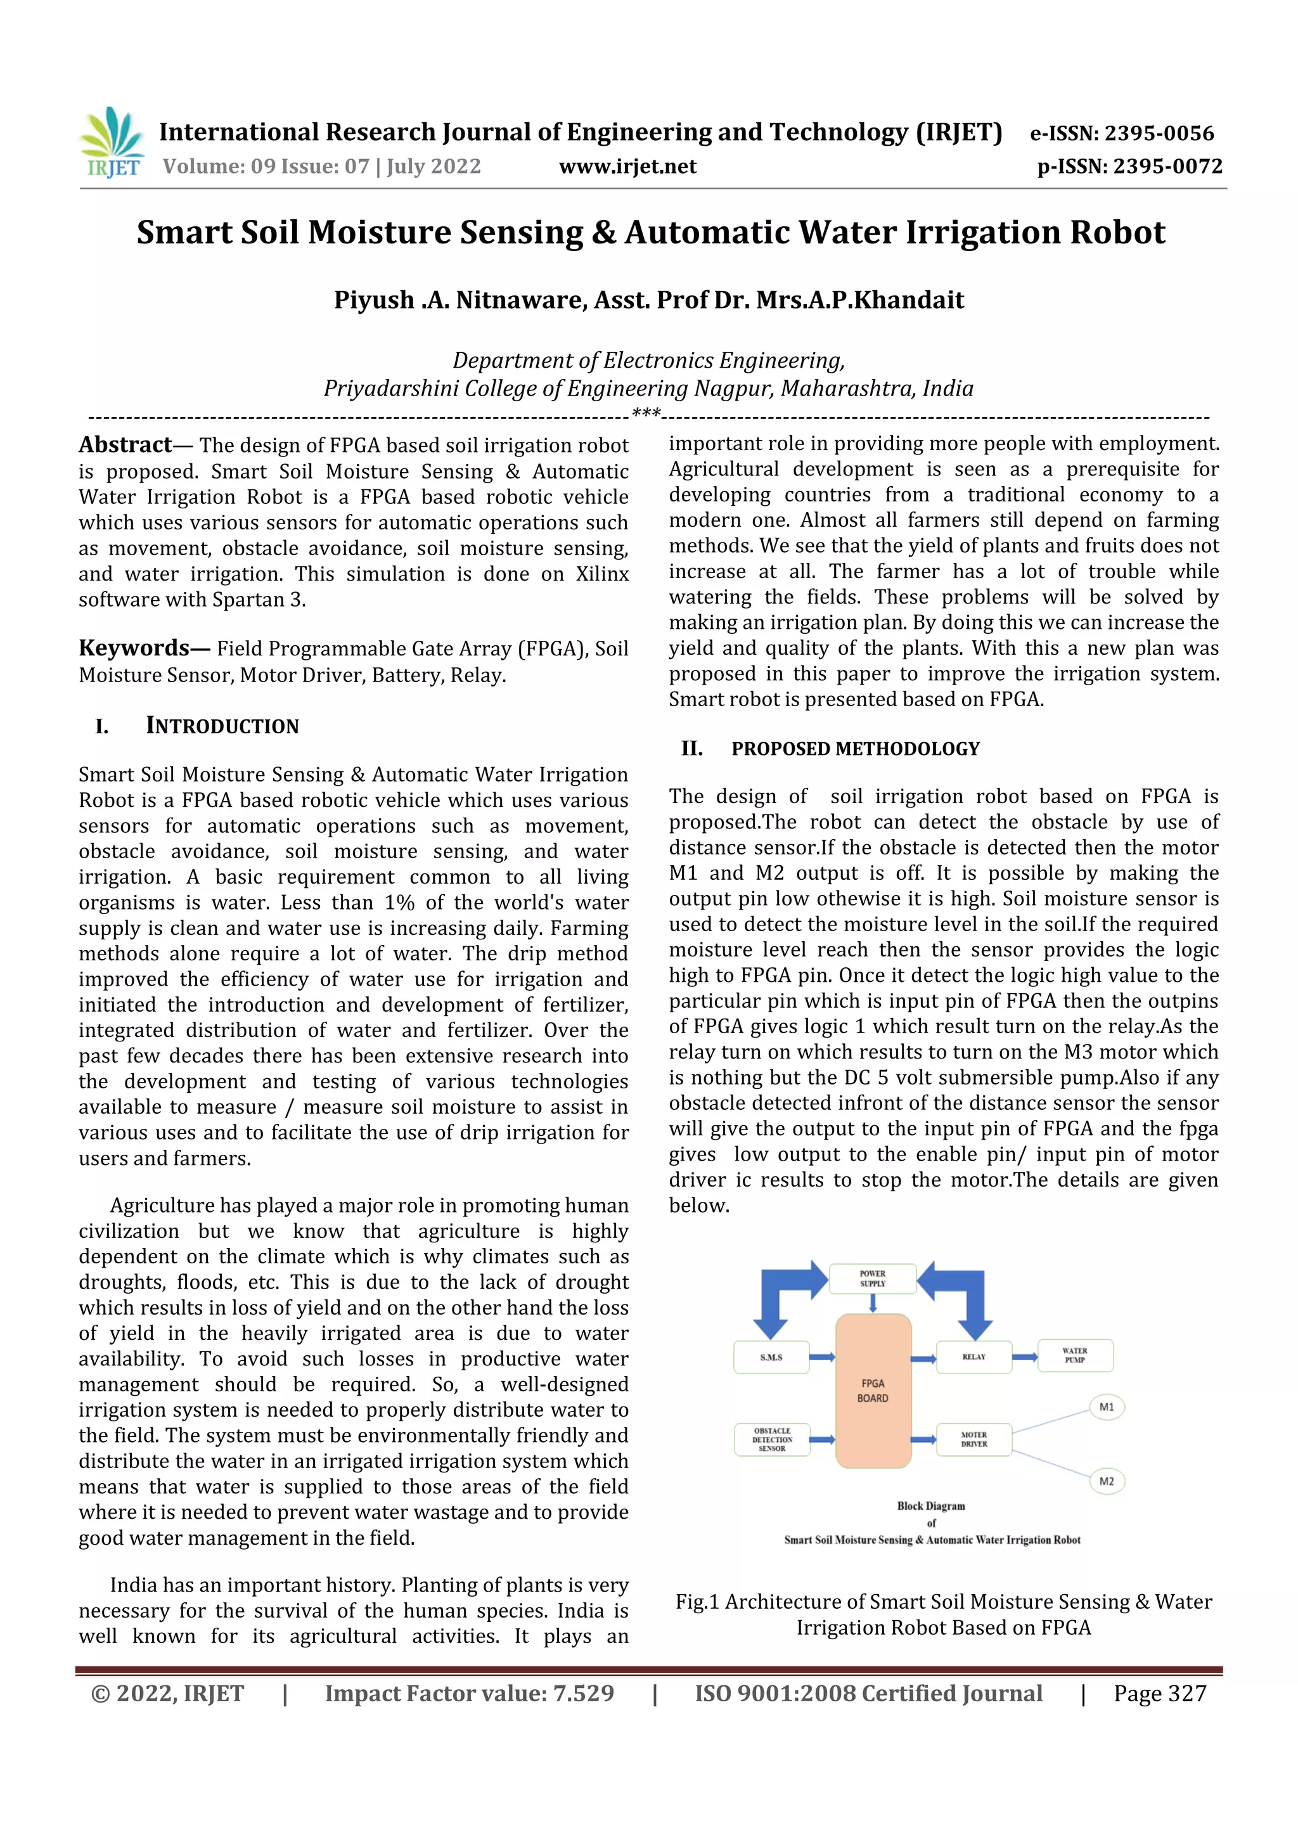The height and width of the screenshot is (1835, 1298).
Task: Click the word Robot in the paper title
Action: click(x=1117, y=233)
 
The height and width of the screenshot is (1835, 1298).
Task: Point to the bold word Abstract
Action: click(x=125, y=444)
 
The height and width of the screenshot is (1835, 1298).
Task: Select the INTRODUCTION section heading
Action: click(x=222, y=726)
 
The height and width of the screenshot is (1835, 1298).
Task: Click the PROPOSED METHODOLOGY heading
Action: click(x=855, y=749)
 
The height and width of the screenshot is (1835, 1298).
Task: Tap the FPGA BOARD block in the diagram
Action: click(x=873, y=1391)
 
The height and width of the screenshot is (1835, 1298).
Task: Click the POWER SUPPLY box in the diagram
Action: click(x=872, y=1278)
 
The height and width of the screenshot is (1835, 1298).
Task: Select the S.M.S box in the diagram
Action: click(x=771, y=1357)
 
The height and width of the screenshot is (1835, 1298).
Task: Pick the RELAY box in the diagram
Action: click(x=973, y=1357)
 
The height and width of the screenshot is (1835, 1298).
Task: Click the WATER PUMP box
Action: click(x=1075, y=1355)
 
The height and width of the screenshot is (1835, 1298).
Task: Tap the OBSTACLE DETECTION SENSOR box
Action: click(x=771, y=1439)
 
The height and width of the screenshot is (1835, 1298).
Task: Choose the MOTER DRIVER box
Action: click(x=973, y=1439)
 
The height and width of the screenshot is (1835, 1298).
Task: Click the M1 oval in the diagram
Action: click(x=1107, y=1407)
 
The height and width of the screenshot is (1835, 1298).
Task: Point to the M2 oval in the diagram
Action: click(x=1107, y=1481)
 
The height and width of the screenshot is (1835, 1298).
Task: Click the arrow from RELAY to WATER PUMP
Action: click(x=1025, y=1357)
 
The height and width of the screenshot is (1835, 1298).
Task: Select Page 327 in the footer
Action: click(x=1160, y=1694)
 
